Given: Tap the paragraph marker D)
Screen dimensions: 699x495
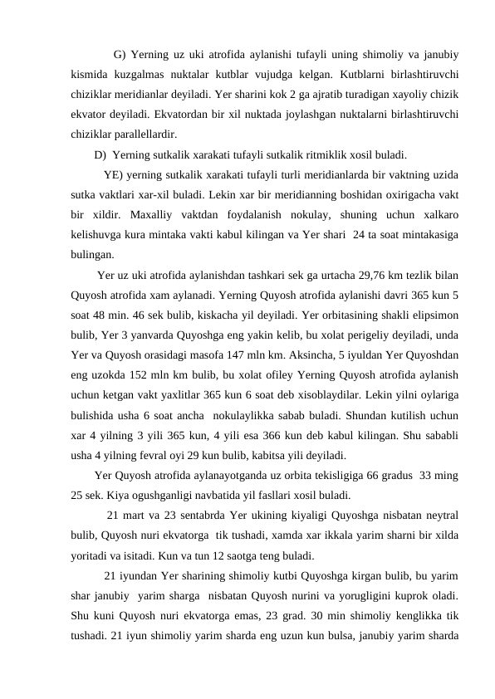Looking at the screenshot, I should (x=100, y=154).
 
